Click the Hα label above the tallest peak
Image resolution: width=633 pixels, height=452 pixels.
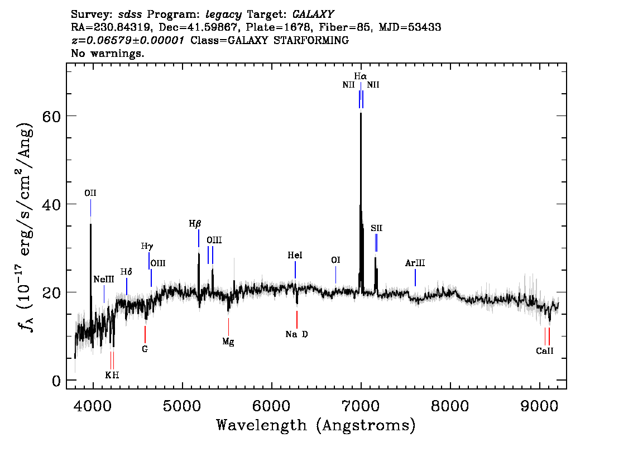click(360, 76)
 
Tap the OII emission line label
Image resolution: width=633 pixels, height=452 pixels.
click(90, 193)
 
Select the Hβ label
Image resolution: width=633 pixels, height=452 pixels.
click(194, 224)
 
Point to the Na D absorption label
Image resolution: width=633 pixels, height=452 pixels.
click(296, 334)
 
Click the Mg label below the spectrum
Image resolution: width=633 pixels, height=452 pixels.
click(228, 342)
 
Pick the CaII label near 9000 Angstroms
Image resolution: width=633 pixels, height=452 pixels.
click(544, 351)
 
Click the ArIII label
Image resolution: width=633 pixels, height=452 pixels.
click(415, 263)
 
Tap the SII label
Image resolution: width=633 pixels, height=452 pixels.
click(376, 228)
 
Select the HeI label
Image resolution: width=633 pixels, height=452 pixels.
click(295, 255)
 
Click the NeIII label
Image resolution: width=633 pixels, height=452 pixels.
click(103, 279)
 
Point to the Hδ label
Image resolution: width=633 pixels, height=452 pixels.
click(127, 272)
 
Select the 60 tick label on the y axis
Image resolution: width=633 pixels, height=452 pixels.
click(52, 116)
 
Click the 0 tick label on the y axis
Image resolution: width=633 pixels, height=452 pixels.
click(56, 381)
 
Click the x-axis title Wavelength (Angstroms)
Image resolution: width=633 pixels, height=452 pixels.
click(316, 425)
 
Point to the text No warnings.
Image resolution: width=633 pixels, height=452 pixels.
click(108, 54)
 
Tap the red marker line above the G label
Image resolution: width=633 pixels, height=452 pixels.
click(145, 334)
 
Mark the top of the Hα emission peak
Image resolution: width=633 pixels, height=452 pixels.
click(361, 113)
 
